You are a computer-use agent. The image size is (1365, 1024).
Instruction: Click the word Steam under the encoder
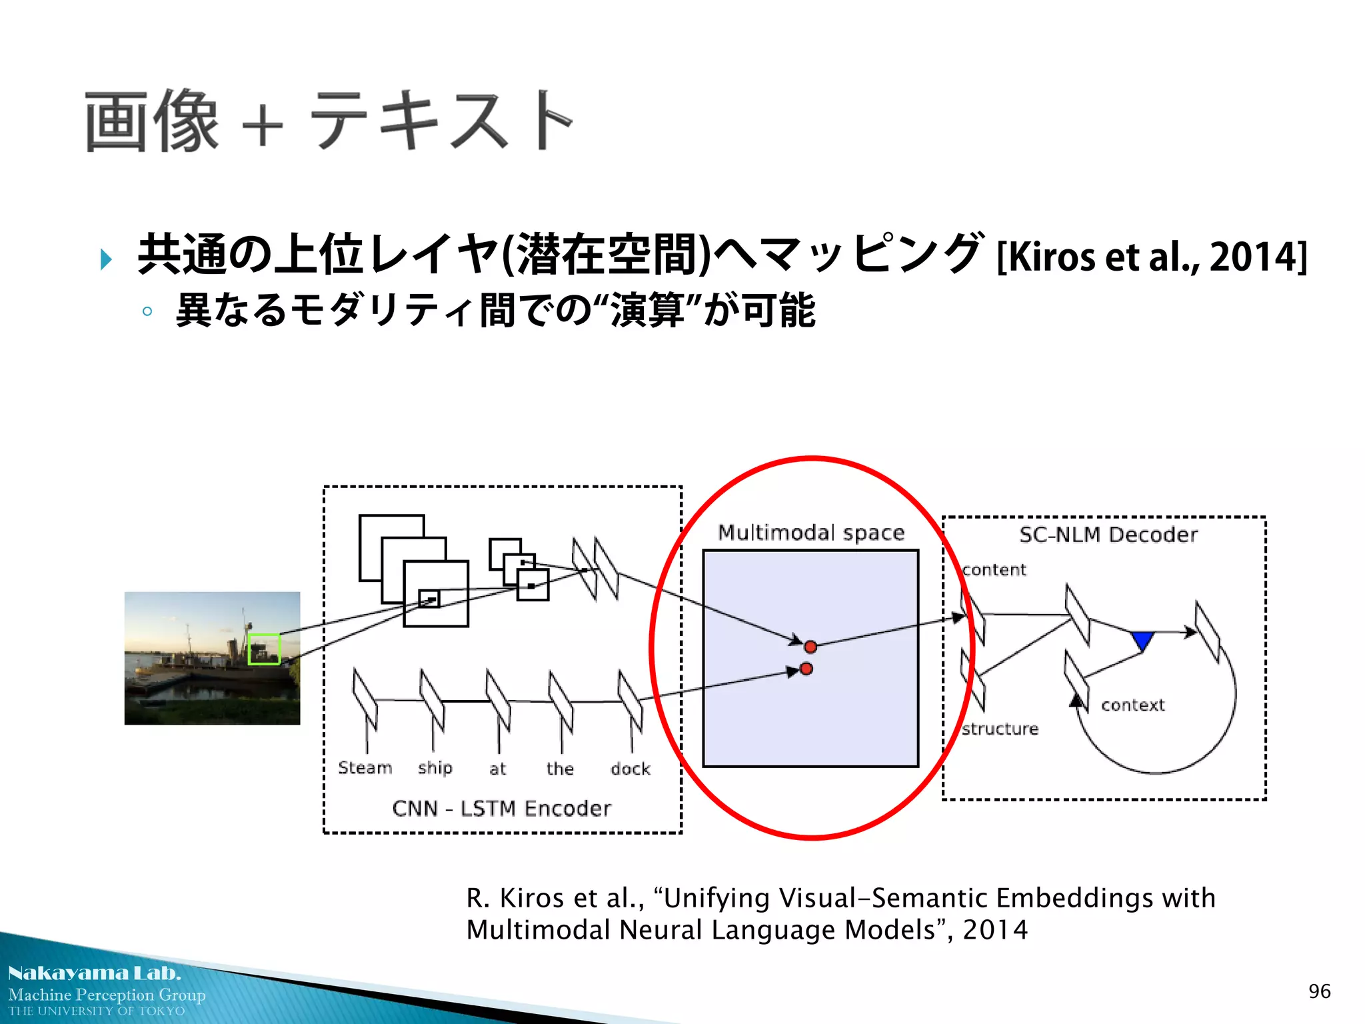[365, 768]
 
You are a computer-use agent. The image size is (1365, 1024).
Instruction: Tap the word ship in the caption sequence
[435, 769]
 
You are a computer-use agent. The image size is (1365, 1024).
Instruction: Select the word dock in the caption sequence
[630, 769]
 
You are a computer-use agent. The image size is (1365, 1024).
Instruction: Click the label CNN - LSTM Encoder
[501, 809]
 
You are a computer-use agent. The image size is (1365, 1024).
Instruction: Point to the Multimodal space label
[811, 533]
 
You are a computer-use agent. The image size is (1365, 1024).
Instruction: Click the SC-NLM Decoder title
[1108, 535]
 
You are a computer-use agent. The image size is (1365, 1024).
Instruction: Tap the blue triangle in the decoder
[1142, 641]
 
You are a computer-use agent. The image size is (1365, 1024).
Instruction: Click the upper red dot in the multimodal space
[810, 647]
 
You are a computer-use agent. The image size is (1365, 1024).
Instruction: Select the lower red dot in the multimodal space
[806, 669]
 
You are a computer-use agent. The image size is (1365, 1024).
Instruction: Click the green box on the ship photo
[264, 649]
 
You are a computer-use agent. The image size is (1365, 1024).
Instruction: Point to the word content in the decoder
[994, 570]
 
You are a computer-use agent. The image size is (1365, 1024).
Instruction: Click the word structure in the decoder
[1000, 729]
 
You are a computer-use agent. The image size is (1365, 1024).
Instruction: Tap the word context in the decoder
[1132, 705]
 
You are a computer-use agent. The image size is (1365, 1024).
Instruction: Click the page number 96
[1319, 991]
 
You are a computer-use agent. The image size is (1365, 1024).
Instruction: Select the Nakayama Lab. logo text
[94, 973]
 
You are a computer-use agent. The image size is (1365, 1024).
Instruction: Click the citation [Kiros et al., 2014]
[1152, 257]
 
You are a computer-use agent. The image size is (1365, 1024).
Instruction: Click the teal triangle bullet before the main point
[105, 259]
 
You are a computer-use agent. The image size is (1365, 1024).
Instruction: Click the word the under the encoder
[560, 769]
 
